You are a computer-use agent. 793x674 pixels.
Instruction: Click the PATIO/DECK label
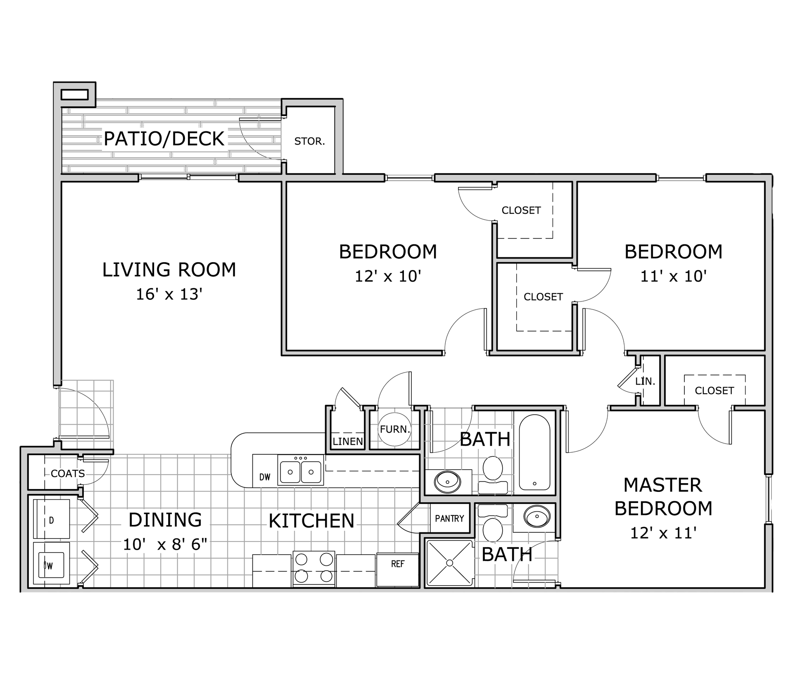point(164,139)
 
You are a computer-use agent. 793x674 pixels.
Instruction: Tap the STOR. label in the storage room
point(310,141)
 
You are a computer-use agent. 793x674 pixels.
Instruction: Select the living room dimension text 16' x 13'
point(169,294)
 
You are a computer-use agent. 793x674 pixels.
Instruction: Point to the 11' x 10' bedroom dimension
point(674,276)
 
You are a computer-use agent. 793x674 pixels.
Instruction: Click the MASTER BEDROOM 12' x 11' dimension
point(663,533)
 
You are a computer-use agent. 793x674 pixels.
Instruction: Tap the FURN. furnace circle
point(394,430)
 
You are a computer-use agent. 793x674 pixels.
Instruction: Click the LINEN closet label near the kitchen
point(348,441)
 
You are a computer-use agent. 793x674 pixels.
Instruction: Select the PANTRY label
point(449,518)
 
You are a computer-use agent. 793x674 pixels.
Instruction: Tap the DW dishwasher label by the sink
point(265,477)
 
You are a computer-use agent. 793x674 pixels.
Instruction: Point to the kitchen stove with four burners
point(314,568)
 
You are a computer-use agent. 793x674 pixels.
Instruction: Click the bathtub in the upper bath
point(534,452)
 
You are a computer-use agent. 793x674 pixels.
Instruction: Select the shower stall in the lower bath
point(449,563)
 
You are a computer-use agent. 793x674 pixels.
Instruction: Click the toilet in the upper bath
point(493,475)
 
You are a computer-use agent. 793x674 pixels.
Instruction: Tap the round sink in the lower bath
point(537,516)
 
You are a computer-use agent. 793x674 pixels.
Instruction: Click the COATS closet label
point(68,473)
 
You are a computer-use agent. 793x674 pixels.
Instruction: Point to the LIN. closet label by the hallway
point(645,381)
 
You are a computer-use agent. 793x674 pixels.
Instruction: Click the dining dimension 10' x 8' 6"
point(165,544)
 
